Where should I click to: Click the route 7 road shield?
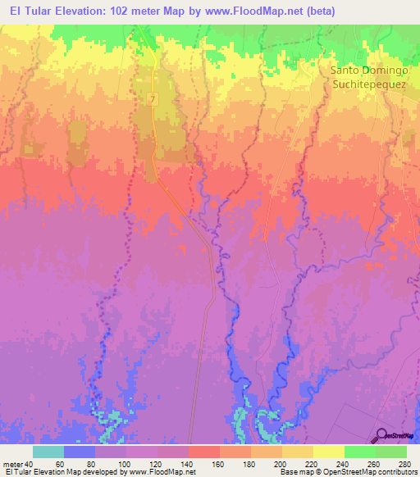(x=153, y=98)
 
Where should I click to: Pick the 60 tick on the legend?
(x=64, y=464)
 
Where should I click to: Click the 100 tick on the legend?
(x=126, y=464)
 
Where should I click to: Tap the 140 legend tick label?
(x=189, y=464)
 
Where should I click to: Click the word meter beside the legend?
(x=12, y=464)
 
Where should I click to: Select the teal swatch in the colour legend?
(x=48, y=452)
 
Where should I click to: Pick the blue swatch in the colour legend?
(x=80, y=452)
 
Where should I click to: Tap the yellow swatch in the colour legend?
(x=329, y=452)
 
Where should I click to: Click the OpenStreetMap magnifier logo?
(x=382, y=435)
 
